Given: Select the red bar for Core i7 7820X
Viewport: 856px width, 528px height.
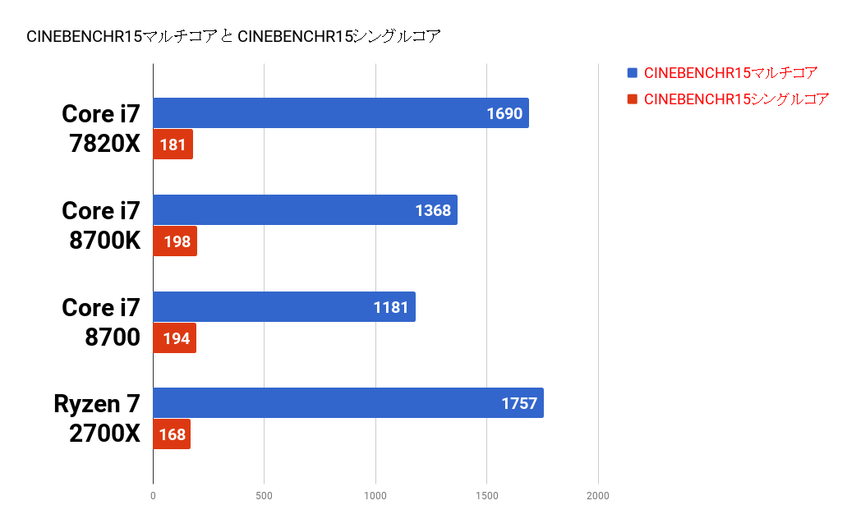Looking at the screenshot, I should coord(173,145).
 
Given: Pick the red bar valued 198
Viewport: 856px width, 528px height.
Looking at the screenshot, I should coord(175,241).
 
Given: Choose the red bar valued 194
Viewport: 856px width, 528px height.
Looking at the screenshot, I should coord(174,337).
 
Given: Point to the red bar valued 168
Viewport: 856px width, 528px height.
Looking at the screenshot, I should coord(172,434).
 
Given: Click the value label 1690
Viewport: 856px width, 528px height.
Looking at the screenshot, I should coord(504,113).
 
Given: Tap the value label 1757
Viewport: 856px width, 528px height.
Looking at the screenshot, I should coord(519,403).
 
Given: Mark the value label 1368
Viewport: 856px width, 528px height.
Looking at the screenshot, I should coord(433,210).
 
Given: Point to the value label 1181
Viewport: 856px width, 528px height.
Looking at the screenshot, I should coord(391,306).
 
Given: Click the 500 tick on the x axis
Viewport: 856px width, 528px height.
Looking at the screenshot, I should coord(264,496).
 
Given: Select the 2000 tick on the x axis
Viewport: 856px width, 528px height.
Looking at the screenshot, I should coord(598,496).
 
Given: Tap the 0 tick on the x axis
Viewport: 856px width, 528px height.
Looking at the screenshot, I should coord(153,496).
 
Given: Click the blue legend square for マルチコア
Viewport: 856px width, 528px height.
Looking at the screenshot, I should coord(632,73).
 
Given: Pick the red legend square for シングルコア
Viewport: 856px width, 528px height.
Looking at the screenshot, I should coord(632,99).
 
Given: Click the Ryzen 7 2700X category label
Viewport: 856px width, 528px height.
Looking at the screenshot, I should coord(97,419).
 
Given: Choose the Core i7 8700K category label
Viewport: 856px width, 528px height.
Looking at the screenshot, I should coord(101,226).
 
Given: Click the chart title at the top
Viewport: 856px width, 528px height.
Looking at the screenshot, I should coord(234,36).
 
